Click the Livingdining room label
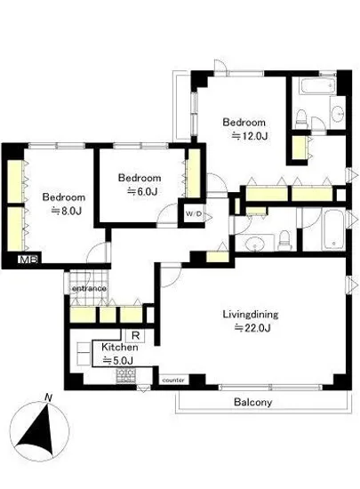click(251, 314)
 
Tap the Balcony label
click(252, 402)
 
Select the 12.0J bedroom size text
click(250, 136)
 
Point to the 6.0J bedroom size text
click(141, 191)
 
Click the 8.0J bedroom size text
click(66, 211)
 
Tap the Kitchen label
click(120, 347)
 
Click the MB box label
click(28, 260)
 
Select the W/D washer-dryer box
click(194, 214)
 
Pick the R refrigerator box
click(135, 336)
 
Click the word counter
click(173, 381)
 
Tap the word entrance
click(89, 288)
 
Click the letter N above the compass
click(48, 397)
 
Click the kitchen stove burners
click(126, 376)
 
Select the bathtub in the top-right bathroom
click(317, 85)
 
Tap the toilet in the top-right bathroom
click(301, 119)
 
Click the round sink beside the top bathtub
click(338, 113)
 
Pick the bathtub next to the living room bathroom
click(334, 230)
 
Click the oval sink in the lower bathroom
click(256, 243)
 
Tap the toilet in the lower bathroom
click(284, 240)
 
